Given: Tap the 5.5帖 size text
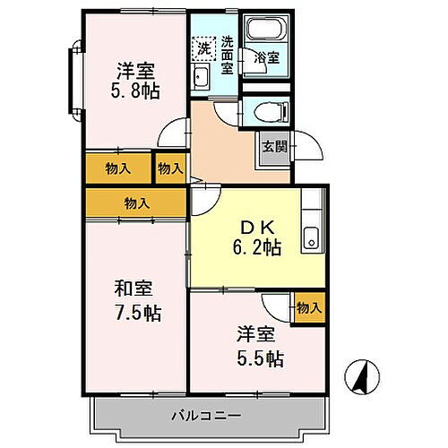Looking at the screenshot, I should pos(262,358).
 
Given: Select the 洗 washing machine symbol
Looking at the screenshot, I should pos(202,47).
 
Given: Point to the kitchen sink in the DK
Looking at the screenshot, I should pos(312,237).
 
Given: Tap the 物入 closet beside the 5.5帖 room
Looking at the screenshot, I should pos(307,307).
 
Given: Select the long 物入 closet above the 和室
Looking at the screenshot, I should pos(136,202).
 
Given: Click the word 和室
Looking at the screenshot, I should pos(134,289).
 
